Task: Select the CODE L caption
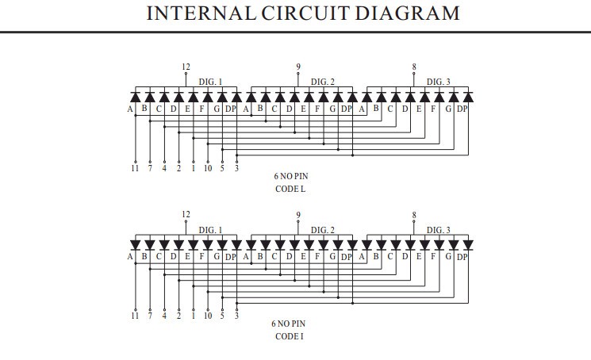tap(290, 189)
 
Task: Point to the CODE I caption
tap(290, 336)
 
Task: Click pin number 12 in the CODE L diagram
tap(186, 67)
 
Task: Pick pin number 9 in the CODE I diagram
tap(298, 215)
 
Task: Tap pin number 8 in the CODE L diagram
tap(414, 67)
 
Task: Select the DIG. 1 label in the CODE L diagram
tap(211, 82)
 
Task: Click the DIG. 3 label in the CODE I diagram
tap(439, 230)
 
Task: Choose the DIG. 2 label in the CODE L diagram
tap(323, 82)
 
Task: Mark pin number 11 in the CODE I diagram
tap(135, 316)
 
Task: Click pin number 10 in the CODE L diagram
tap(208, 167)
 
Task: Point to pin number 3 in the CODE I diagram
tap(236, 316)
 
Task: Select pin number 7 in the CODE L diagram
tap(150, 167)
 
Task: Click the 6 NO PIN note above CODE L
tap(290, 176)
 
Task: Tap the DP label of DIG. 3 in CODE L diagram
tap(462, 109)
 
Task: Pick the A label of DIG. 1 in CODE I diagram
tap(130, 256)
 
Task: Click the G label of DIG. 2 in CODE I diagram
tap(332, 256)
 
